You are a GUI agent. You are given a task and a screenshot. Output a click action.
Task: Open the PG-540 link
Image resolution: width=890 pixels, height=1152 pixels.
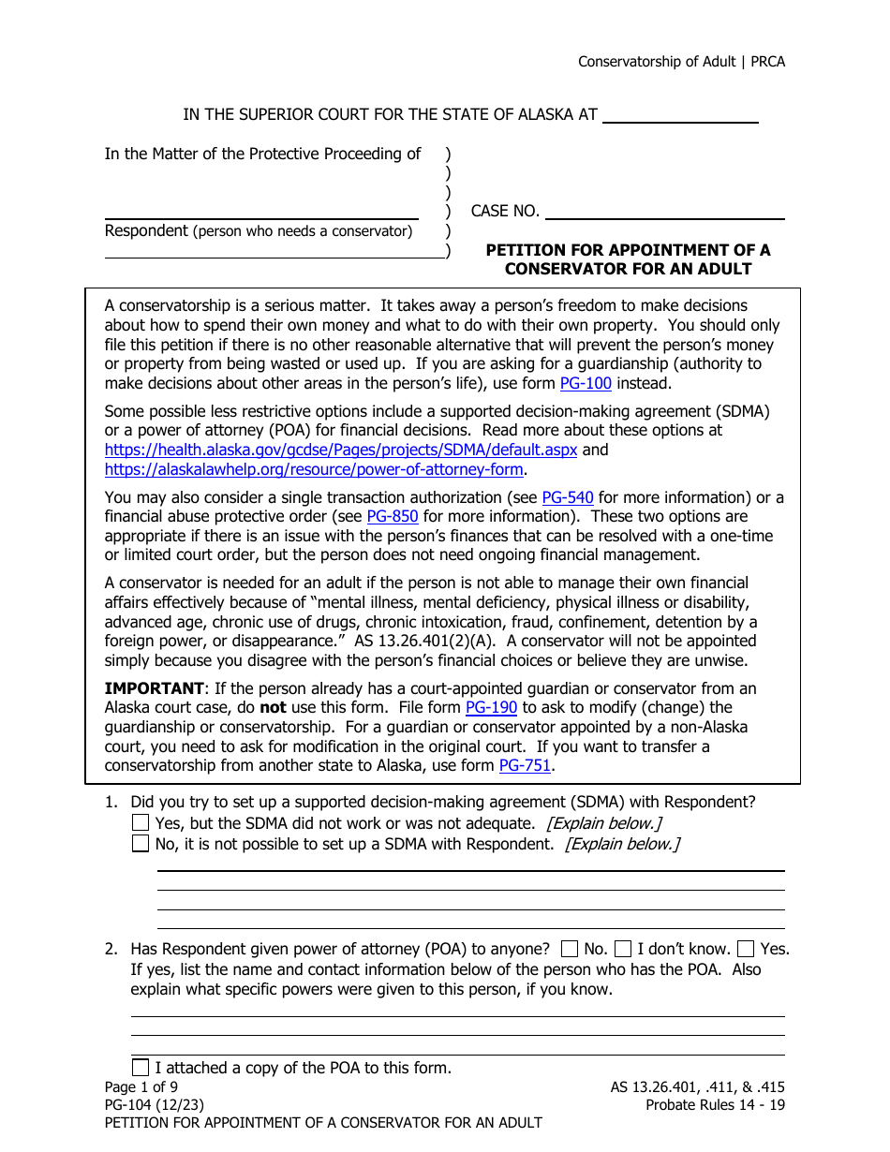click(568, 497)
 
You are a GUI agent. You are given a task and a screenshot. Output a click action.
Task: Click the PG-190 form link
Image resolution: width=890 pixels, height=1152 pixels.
click(491, 707)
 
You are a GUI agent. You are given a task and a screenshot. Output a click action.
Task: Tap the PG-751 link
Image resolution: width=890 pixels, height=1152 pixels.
click(525, 765)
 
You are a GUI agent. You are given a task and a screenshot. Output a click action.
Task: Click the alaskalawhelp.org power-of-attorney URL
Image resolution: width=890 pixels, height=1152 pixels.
click(314, 469)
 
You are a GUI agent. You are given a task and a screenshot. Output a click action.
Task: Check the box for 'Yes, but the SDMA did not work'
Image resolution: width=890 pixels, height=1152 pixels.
click(141, 823)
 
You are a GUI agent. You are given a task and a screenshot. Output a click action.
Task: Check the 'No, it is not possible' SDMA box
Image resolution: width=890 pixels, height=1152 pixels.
click(141, 844)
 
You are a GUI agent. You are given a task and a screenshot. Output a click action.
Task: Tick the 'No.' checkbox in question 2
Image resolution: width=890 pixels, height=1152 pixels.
click(569, 949)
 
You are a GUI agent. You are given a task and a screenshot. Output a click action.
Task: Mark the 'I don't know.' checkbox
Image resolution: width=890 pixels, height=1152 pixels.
click(623, 949)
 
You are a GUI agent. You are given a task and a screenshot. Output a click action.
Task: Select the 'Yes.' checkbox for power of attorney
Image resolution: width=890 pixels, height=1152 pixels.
click(746, 949)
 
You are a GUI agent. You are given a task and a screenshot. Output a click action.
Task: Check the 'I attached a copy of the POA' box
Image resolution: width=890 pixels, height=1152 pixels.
click(141, 1067)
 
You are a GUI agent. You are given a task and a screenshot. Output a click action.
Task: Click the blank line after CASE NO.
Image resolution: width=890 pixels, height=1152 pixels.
click(664, 213)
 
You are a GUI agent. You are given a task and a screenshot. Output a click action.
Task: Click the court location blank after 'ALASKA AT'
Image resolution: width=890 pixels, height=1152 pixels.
click(679, 116)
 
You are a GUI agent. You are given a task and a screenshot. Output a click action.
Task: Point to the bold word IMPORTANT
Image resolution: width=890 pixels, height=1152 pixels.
click(154, 688)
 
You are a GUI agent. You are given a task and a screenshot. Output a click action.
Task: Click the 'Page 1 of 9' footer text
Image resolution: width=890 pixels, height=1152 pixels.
click(141, 1087)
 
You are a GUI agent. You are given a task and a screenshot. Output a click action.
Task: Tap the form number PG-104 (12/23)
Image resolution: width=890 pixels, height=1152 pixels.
click(154, 1105)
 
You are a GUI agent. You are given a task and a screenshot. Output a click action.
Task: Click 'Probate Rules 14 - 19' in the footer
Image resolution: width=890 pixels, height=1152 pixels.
click(715, 1105)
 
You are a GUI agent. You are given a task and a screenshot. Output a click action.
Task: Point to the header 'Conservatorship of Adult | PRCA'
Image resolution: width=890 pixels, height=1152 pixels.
click(681, 62)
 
